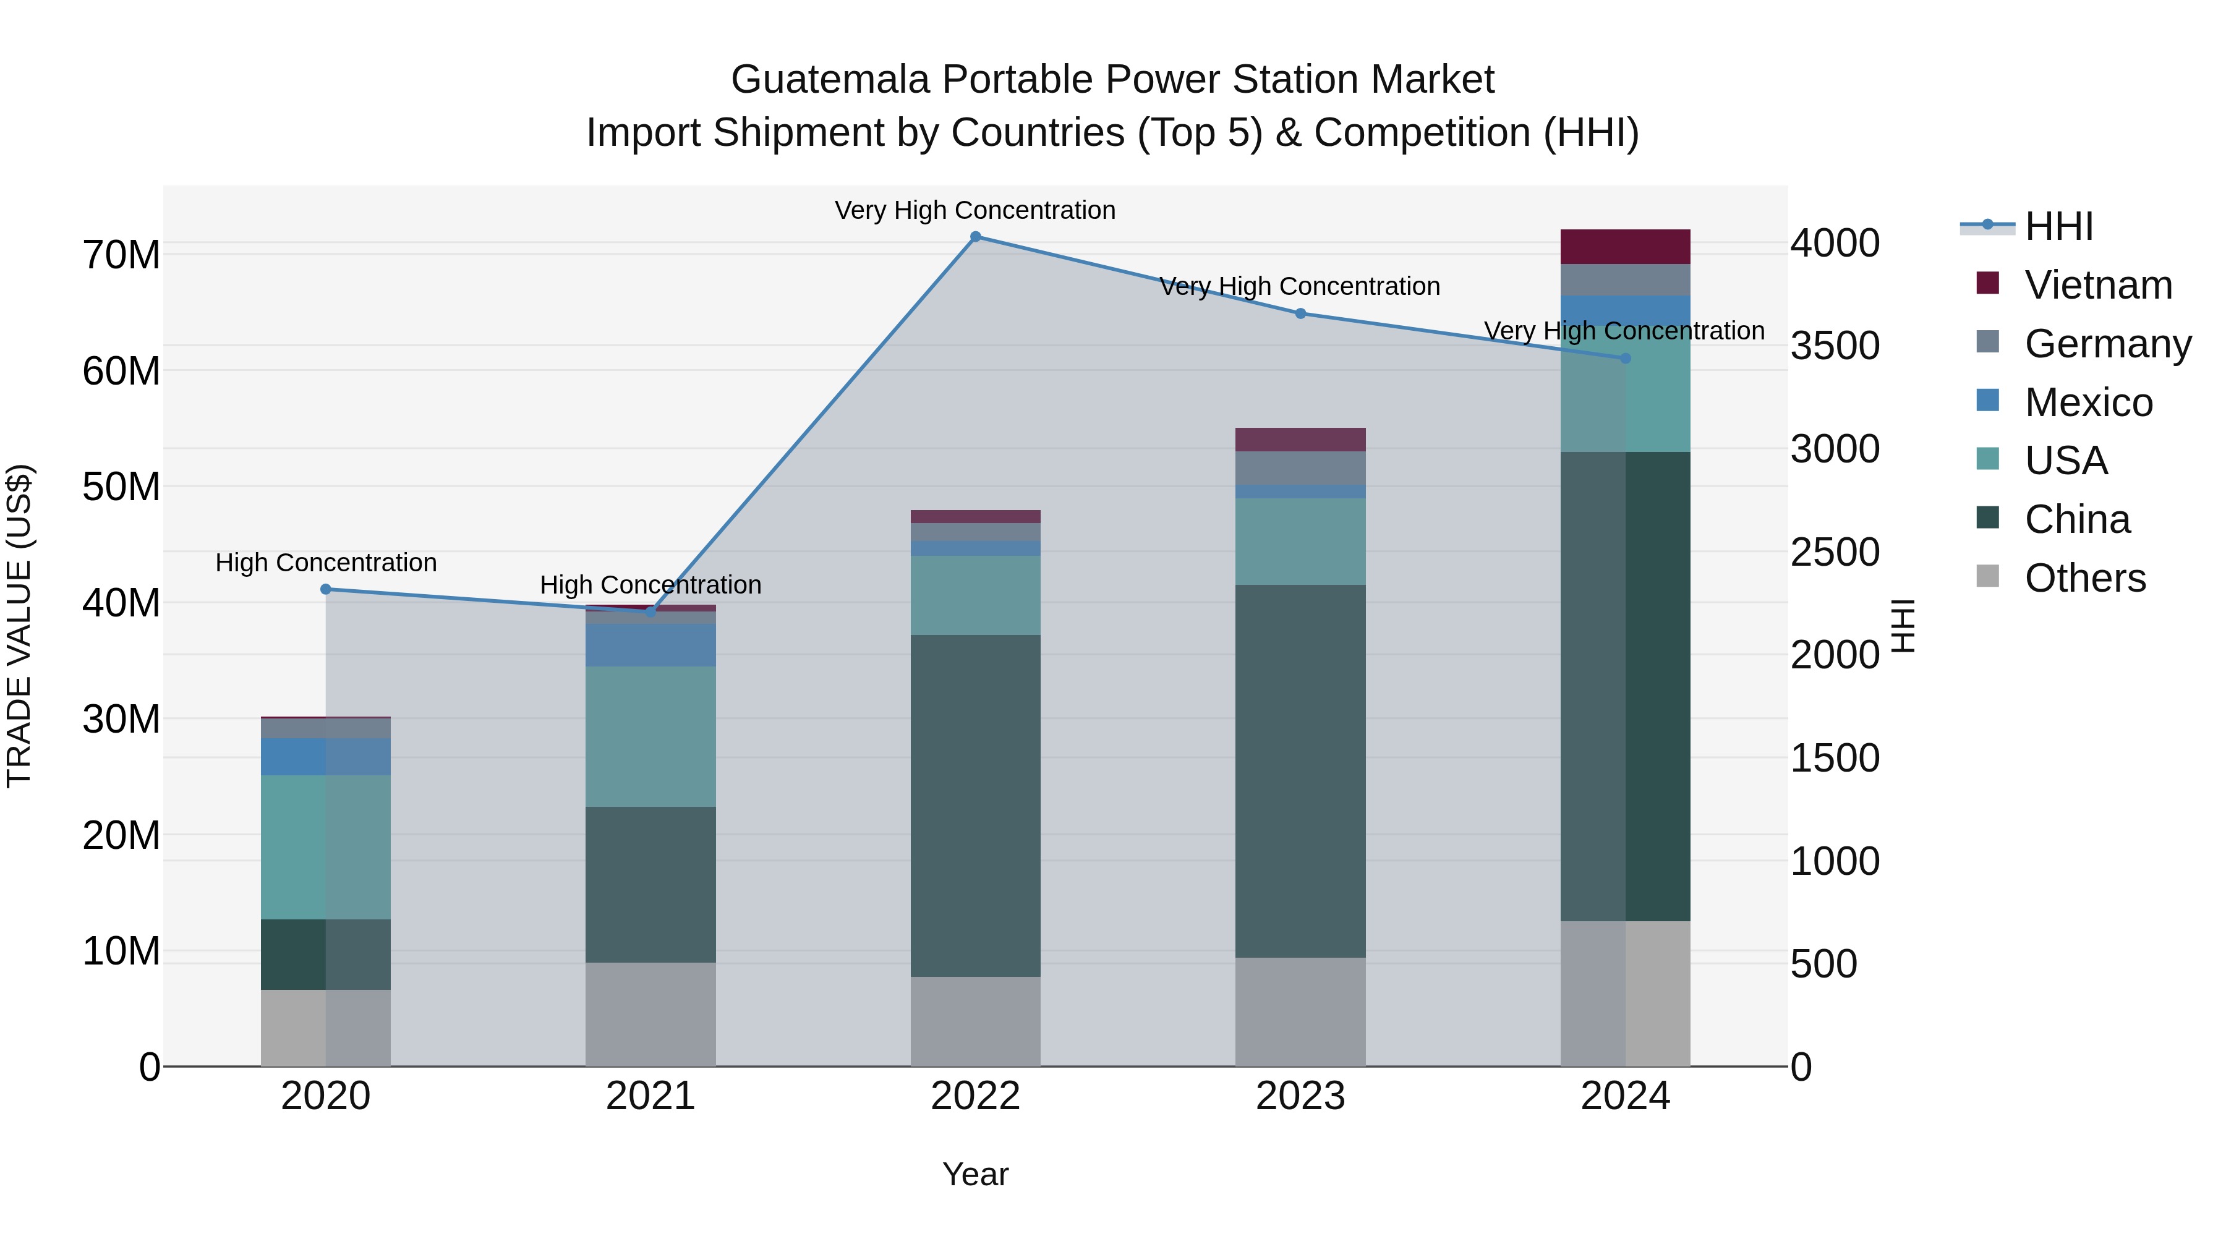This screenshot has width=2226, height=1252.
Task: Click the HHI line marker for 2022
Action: pyautogui.click(x=976, y=237)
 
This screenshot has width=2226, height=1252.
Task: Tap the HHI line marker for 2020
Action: pyautogui.click(x=326, y=589)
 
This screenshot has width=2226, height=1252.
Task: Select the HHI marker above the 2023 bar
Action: pyautogui.click(x=1300, y=313)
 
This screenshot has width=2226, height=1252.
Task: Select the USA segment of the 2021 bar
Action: pyautogui.click(x=650, y=736)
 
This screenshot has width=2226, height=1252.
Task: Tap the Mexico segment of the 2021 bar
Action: pyautogui.click(x=650, y=645)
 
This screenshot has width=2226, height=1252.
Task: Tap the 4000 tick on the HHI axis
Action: pyautogui.click(x=1835, y=244)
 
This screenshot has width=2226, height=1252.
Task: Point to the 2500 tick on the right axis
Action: pyautogui.click(x=1835, y=553)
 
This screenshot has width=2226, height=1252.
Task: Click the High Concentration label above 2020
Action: pyautogui.click(x=326, y=563)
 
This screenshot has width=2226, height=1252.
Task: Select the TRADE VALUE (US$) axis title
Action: pyautogui.click(x=19, y=626)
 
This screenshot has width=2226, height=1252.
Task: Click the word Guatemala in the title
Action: pyautogui.click(x=830, y=80)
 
